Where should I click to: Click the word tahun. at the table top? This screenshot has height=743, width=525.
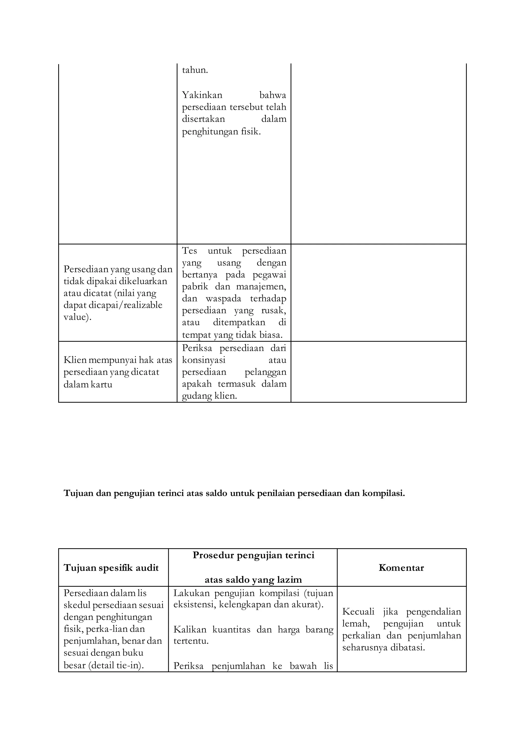coord(195,70)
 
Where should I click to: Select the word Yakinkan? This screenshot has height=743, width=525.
coord(202,95)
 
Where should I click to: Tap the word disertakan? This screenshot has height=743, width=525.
coord(203,119)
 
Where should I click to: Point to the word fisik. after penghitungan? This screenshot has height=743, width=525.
coord(251,132)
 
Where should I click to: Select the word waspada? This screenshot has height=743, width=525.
coord(223,299)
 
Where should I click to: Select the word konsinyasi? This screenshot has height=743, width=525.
coord(204,360)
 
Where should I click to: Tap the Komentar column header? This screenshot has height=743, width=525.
coord(401,568)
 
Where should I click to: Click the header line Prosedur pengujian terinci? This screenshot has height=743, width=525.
coord(254,555)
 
